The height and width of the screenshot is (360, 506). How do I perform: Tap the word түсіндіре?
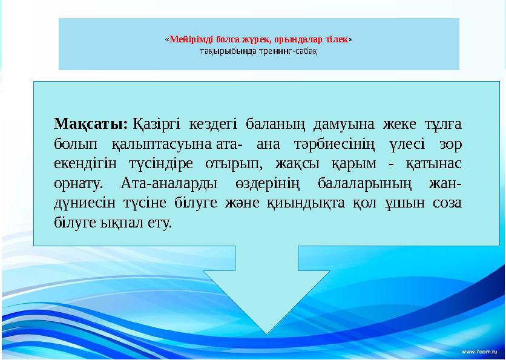160,164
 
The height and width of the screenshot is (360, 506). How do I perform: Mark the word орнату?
77,183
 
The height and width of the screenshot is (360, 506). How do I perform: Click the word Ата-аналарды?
163,183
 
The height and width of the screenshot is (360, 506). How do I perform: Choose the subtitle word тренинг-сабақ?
291,50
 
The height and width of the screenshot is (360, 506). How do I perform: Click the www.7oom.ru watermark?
480,352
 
